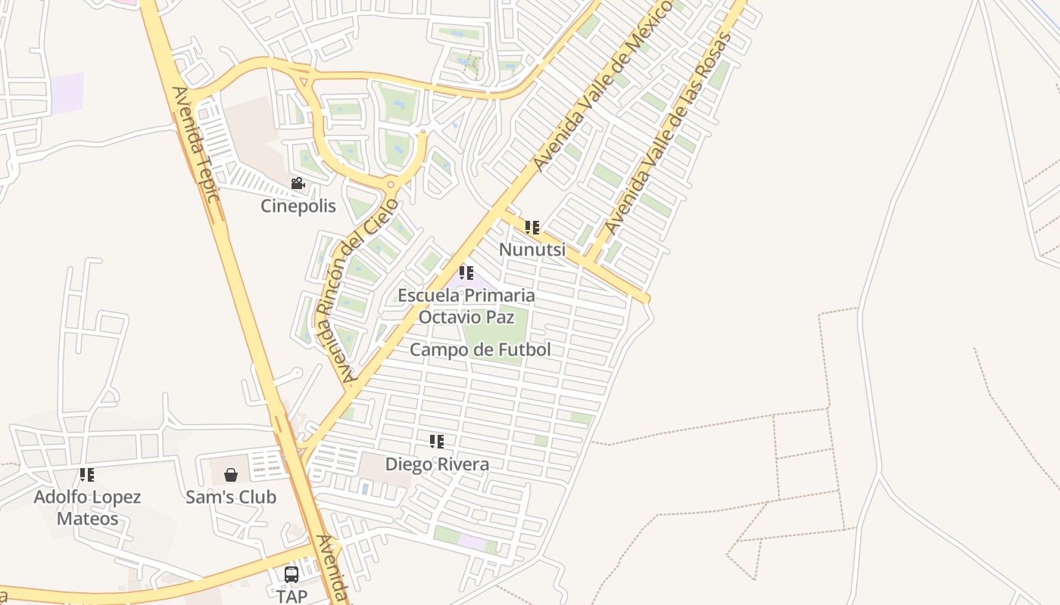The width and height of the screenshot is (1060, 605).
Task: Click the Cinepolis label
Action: point(298,206)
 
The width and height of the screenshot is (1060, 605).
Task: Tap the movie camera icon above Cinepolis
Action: point(298,184)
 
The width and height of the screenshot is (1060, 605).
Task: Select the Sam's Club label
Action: point(231,497)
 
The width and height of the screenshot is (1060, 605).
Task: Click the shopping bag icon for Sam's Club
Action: point(231,475)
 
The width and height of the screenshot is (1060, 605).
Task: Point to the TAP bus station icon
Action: point(291,574)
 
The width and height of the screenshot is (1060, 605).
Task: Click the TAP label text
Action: point(291,596)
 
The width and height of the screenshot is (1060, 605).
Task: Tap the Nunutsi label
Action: point(532,249)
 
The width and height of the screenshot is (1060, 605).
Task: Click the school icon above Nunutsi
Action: point(532,227)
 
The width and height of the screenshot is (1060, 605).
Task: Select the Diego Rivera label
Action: point(437,464)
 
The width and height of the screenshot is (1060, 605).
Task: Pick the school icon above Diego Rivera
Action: point(437,442)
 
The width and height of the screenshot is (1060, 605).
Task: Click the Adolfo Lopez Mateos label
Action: point(87,507)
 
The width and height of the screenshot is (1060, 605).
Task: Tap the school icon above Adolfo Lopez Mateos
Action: point(87,475)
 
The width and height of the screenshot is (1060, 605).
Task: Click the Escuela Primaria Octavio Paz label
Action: point(466,306)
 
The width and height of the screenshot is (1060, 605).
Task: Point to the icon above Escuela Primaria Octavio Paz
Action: point(466,272)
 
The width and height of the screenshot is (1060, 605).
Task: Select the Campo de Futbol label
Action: point(480,349)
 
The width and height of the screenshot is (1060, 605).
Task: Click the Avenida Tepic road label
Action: point(195,144)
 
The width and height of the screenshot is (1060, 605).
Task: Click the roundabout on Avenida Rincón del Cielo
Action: point(391,183)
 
